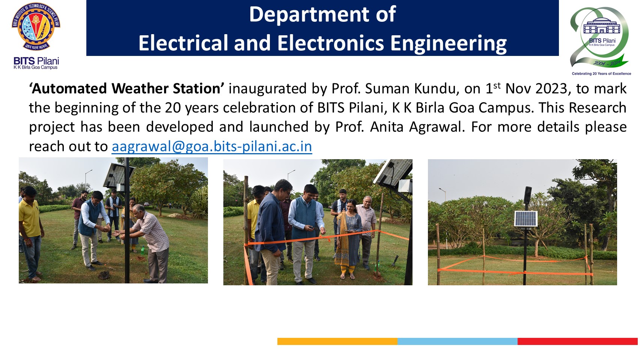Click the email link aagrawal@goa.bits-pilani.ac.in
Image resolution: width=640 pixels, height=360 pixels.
coord(212,146)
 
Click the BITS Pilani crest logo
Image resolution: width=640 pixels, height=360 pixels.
coord(36,27)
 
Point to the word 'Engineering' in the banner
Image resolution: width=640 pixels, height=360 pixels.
coord(448,43)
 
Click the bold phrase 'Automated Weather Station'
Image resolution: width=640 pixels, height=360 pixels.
coord(127,89)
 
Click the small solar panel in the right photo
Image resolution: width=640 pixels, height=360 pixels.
coord(526,219)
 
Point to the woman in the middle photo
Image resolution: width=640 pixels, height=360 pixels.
coord(348,240)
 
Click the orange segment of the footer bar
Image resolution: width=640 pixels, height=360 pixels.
coord(337,341)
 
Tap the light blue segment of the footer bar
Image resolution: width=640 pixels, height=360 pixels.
coord(457,341)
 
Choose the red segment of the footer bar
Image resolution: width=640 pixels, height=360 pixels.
coord(577,341)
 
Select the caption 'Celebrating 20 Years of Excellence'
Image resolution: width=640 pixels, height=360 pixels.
coord(601,74)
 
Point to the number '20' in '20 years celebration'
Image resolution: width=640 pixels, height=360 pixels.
coord(173,108)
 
